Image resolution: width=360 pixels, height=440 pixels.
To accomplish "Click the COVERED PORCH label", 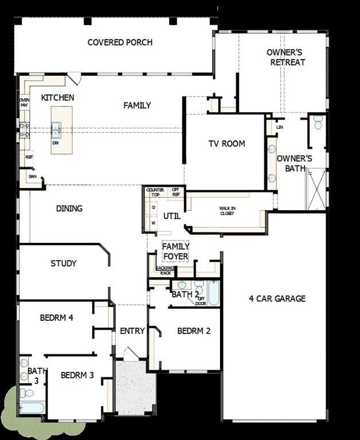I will [120, 42].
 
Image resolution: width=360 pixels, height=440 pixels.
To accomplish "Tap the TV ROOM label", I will [226, 143].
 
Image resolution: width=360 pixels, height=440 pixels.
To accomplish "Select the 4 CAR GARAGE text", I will [277, 298].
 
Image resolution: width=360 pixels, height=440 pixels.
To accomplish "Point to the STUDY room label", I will [63, 264].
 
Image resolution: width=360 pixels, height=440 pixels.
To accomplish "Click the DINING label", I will [69, 209].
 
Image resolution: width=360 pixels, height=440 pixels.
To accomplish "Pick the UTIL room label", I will [172, 216].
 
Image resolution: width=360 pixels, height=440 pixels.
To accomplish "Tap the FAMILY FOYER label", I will [175, 251].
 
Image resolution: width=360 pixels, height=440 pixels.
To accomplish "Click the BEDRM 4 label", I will [56, 318].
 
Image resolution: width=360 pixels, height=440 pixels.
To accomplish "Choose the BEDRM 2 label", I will [194, 331].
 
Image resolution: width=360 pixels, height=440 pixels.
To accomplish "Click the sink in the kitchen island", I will [56, 130].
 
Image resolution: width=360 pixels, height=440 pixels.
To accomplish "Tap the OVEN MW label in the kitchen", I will [24, 103].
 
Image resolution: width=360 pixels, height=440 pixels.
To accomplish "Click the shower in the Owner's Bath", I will [316, 190].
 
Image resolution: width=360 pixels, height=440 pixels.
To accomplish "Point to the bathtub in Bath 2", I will [213, 293].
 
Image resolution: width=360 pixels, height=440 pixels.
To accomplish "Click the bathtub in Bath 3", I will [31, 407].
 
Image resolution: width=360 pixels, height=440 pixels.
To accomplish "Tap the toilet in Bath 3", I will [26, 393].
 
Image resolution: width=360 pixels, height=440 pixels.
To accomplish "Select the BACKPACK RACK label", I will [165, 270].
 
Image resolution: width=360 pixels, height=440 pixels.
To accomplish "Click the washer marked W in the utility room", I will [154, 222].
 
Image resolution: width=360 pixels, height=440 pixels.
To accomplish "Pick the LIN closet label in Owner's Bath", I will [280, 127].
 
